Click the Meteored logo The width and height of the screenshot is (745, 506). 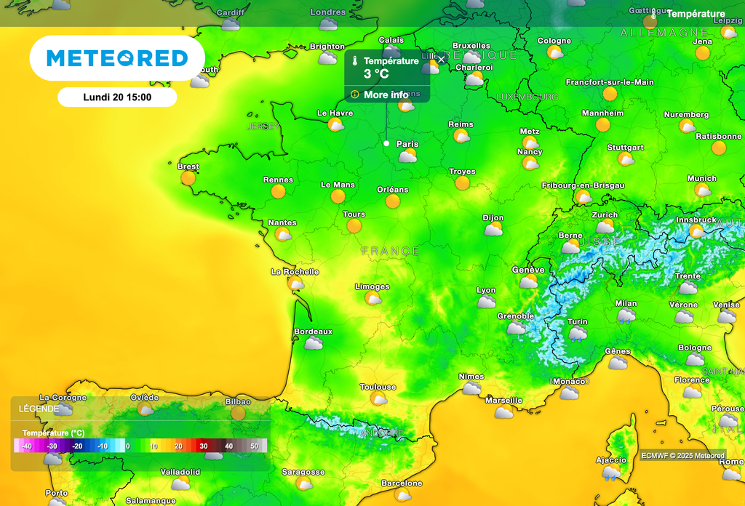coord(117,58)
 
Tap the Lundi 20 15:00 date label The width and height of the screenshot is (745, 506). coord(117,97)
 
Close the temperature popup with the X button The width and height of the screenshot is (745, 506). coord(441,60)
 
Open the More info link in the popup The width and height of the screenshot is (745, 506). coord(386,95)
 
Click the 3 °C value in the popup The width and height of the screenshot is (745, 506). coord(377,74)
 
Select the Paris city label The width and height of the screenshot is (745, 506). coord(407,144)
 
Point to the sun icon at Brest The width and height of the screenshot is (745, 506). coord(188,177)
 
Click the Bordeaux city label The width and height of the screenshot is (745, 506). coord(313,332)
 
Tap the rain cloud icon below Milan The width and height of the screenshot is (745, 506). coord(626,316)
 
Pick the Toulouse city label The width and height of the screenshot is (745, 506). coord(378,387)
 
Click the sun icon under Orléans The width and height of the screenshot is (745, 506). coord(393,201)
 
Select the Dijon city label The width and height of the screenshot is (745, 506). coord(493,217)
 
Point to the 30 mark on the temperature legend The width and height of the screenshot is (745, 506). coord(204,446)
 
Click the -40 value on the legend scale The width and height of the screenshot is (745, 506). coord(27,446)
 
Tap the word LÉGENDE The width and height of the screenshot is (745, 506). coord(39,409)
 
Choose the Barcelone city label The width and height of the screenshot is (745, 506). coord(402,483)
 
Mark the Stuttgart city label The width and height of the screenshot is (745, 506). coord(625,147)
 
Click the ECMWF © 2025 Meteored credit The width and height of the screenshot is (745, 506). coord(682,456)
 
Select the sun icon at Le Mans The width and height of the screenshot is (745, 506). coord(338,196)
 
